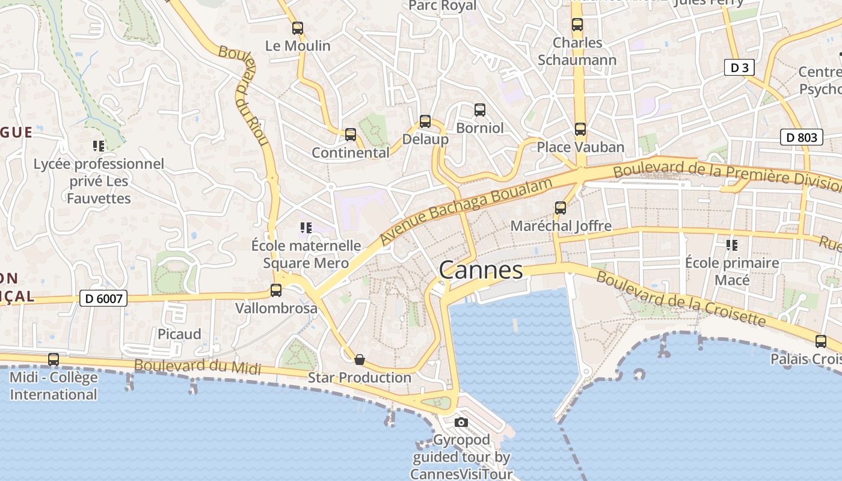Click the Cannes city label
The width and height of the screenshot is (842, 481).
click(481, 270)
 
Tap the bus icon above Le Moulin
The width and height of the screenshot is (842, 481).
click(297, 28)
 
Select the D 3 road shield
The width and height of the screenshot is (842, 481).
click(739, 68)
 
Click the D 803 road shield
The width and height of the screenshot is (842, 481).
click(802, 138)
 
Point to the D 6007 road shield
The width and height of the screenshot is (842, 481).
click(103, 298)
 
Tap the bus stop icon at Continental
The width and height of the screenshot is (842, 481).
click(350, 135)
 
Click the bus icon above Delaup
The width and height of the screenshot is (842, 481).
click(425, 121)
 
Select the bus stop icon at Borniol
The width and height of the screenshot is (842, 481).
click(479, 110)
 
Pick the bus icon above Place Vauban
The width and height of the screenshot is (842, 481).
click(580, 129)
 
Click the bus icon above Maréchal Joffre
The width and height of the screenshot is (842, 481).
click(561, 208)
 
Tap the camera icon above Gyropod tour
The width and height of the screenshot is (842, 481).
click(461, 422)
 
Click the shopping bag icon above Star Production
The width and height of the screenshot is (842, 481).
click(360, 360)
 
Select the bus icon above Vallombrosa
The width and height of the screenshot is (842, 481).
click(276, 290)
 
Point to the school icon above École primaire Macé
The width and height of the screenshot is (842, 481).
click(732, 245)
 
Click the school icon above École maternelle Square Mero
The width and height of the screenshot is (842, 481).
click(306, 227)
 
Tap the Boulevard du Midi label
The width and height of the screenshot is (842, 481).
click(197, 366)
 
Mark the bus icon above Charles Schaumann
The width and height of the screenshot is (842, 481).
click(577, 25)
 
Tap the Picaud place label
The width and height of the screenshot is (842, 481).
click(179, 334)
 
